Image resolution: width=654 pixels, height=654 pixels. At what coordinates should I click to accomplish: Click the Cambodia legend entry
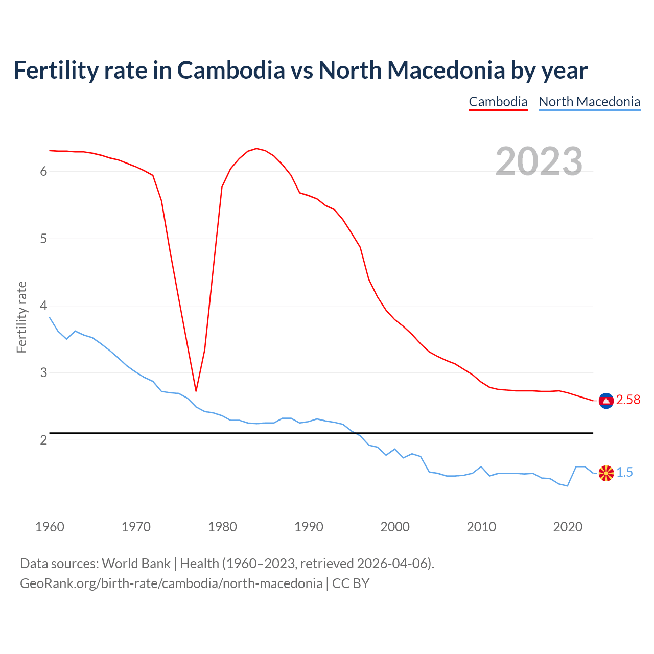pos(498,102)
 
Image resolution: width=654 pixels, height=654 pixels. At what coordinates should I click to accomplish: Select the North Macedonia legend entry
pos(589,102)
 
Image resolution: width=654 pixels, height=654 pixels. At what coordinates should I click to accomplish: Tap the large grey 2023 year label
pos(539,161)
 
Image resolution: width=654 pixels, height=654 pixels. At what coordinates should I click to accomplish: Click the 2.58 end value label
pos(628,400)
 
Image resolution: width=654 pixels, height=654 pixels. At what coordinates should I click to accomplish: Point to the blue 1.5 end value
pos(624,473)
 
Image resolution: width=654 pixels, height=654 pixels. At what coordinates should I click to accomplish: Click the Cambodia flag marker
pos(606,401)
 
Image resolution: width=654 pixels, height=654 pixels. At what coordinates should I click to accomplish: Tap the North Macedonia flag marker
pos(606,474)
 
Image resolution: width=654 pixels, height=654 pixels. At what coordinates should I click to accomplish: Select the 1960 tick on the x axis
pos(50,527)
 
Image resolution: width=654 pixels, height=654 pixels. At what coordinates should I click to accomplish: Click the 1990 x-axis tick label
pos(309,527)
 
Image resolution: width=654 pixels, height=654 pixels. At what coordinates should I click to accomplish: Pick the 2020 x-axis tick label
pos(568,527)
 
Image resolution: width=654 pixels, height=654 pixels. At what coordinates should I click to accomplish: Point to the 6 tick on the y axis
pos(43,172)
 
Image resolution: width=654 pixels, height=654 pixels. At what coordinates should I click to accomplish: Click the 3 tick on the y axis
pos(43,373)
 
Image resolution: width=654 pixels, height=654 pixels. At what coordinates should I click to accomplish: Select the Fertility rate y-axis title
pos(21,317)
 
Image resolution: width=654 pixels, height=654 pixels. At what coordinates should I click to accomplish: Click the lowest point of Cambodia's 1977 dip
pos(196,391)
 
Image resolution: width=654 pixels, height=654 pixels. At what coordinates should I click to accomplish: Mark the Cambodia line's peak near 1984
pos(256,149)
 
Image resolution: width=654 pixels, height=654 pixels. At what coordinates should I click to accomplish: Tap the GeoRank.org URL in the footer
pos(171,583)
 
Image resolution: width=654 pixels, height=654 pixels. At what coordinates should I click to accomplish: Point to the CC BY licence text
pos(351,583)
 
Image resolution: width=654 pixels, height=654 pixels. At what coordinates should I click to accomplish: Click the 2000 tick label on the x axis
pos(395,527)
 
